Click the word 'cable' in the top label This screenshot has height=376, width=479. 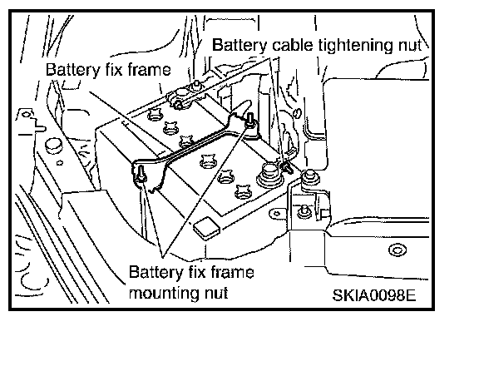[x=293, y=45]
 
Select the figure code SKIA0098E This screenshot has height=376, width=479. [x=374, y=295]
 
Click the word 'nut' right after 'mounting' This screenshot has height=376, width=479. [x=216, y=293]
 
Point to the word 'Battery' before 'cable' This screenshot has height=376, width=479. [x=239, y=45]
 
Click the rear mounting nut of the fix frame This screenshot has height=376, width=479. [x=250, y=120]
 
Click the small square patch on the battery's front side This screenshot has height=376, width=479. [x=206, y=228]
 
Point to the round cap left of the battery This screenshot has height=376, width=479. [x=54, y=146]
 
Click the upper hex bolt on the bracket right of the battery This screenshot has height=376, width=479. [x=311, y=176]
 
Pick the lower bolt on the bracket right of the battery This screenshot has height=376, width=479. [x=304, y=211]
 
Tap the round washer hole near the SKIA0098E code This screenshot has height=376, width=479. [x=398, y=250]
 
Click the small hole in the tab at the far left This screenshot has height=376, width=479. [x=27, y=115]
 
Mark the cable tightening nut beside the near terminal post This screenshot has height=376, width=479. [x=285, y=166]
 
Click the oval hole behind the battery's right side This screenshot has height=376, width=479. [x=297, y=113]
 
